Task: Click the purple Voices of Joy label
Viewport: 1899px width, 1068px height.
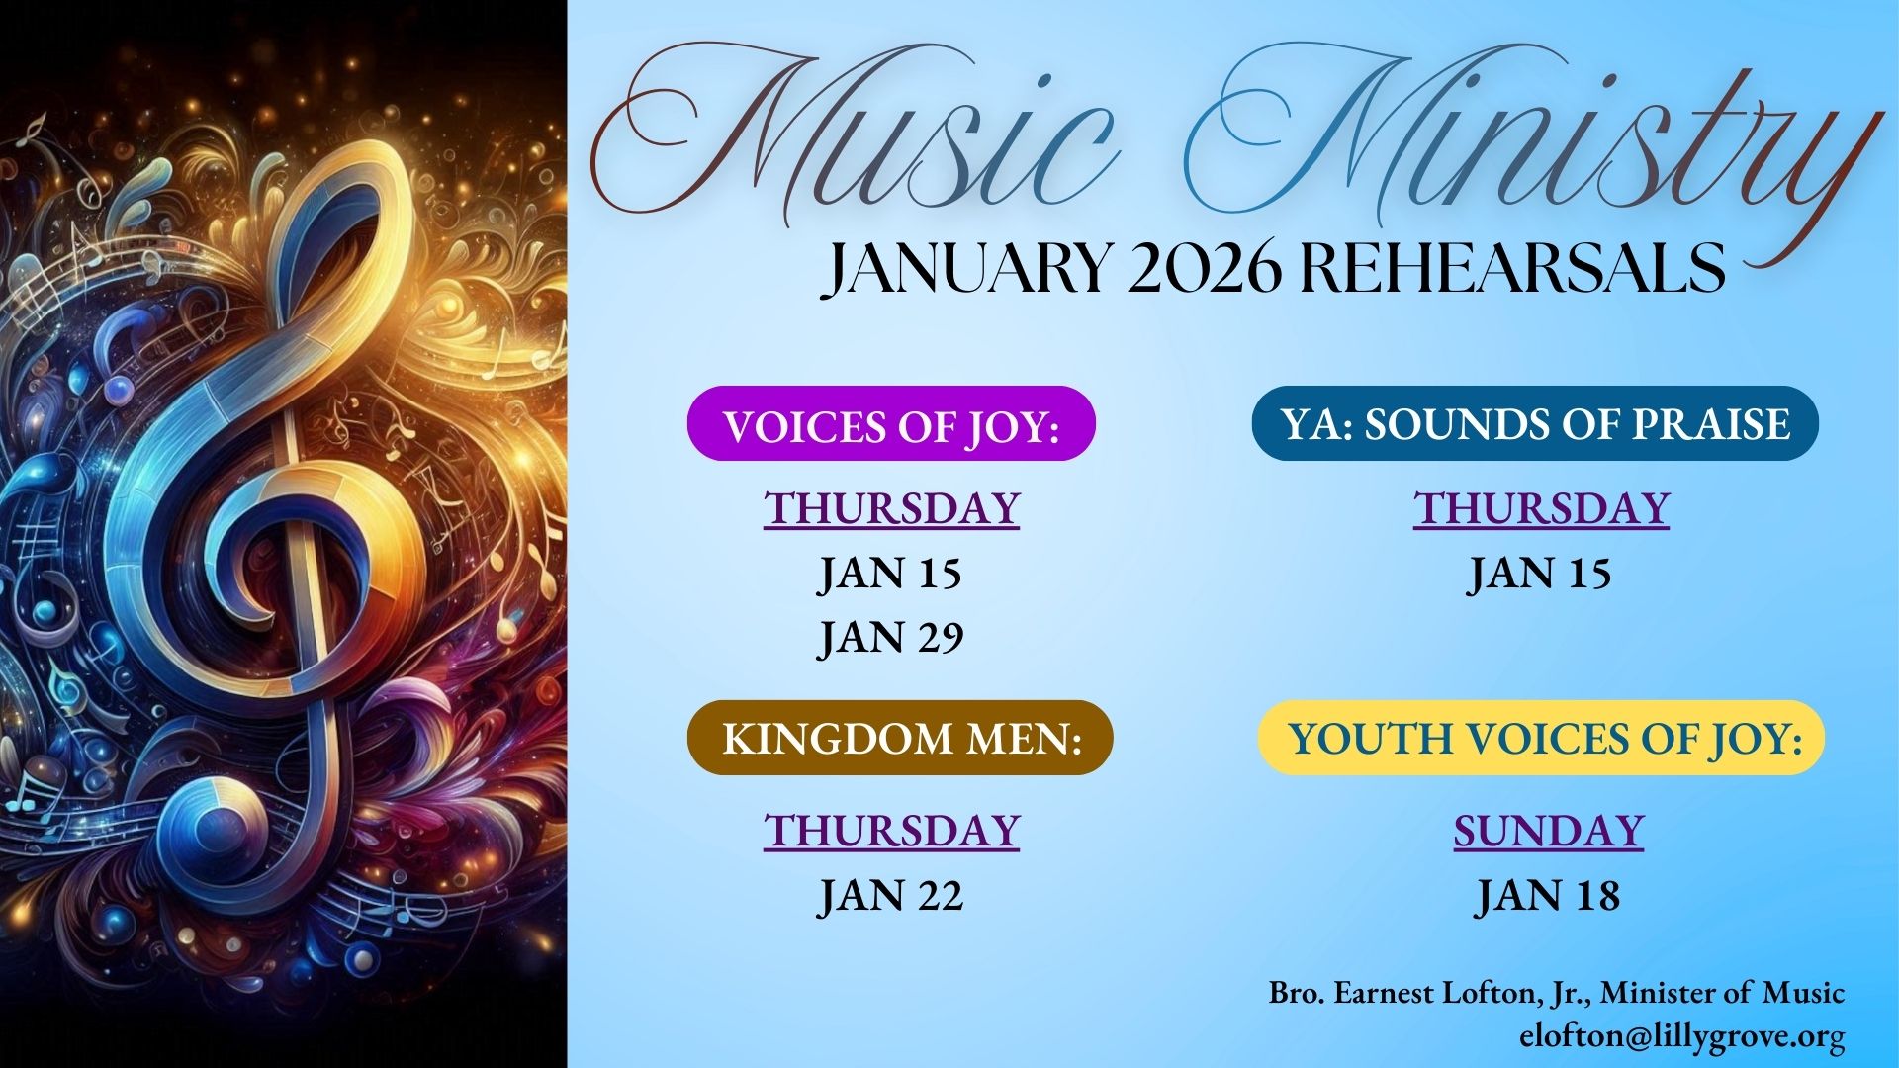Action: point(891,423)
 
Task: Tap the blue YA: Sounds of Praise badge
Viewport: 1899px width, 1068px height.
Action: point(1535,423)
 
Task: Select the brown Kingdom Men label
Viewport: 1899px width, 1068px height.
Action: point(900,738)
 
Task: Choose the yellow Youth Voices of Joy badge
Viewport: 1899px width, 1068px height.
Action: point(1541,738)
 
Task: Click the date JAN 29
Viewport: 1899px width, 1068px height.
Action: point(891,638)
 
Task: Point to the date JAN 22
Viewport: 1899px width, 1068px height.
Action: point(891,896)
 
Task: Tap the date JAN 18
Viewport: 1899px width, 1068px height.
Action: point(1549,896)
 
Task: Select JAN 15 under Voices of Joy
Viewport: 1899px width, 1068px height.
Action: point(890,574)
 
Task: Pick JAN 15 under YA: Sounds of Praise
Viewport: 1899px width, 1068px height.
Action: point(1539,574)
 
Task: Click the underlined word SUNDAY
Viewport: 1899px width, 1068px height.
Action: point(1549,831)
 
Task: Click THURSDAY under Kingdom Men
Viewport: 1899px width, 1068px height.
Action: point(891,831)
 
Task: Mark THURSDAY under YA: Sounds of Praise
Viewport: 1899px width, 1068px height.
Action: point(1541,508)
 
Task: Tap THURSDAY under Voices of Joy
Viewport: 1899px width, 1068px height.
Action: point(891,508)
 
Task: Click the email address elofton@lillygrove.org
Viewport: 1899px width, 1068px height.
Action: point(1682,1037)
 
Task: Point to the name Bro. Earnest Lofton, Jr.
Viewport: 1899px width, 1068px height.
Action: point(1429,993)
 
